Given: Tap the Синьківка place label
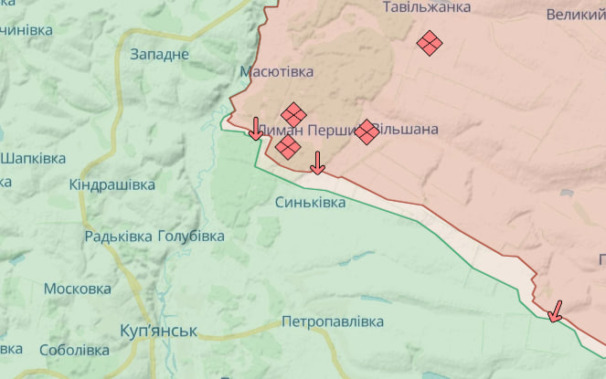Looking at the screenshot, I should pyautogui.click(x=311, y=202).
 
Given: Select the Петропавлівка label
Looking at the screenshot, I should pyautogui.click(x=333, y=321).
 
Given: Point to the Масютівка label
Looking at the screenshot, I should pyautogui.click(x=276, y=71).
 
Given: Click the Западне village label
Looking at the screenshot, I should pyautogui.click(x=160, y=54).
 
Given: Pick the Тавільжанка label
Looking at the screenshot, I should pyautogui.click(x=426, y=7).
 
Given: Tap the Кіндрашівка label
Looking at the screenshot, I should pyautogui.click(x=112, y=184).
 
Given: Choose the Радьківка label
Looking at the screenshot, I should pyautogui.click(x=119, y=237).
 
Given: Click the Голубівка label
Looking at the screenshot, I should pyautogui.click(x=191, y=237).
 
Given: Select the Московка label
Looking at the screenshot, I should pyautogui.click(x=78, y=289).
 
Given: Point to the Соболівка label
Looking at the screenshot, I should pyautogui.click(x=75, y=350).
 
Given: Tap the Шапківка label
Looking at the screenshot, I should pyautogui.click(x=33, y=158).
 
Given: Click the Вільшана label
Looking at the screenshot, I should pyautogui.click(x=409, y=130).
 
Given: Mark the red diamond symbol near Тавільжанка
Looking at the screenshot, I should pyautogui.click(x=430, y=42).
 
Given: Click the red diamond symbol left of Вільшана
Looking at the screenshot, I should pyautogui.click(x=367, y=132).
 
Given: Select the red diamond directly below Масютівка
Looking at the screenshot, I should pyautogui.click(x=293, y=114).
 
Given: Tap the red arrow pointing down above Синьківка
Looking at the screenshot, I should pyautogui.click(x=317, y=163).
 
